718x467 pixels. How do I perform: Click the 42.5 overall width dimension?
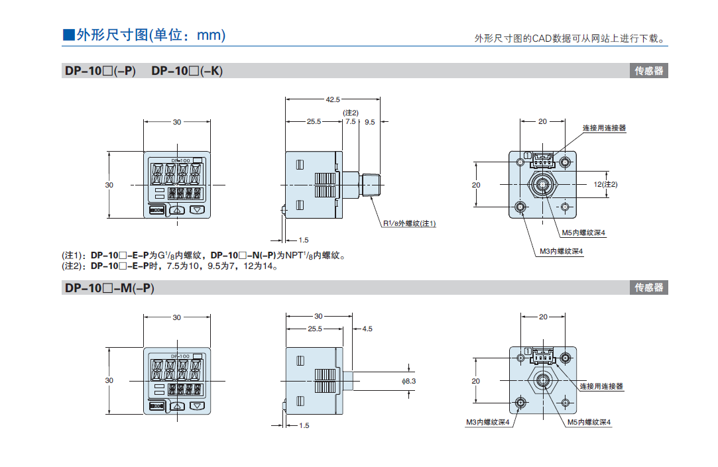[332, 99]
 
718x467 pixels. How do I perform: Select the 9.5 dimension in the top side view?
[369, 122]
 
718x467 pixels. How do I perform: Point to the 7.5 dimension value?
[350, 122]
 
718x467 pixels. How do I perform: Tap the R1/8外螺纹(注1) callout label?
[410, 223]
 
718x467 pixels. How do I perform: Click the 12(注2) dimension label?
[605, 184]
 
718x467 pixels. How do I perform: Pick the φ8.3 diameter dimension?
[409, 381]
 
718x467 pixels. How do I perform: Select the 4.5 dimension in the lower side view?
[367, 329]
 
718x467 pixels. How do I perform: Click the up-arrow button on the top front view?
[177, 210]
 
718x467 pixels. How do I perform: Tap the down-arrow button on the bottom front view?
[198, 405]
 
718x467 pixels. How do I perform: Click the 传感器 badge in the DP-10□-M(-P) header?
[648, 287]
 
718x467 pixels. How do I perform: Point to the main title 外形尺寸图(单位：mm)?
[144, 35]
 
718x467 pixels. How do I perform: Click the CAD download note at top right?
[569, 39]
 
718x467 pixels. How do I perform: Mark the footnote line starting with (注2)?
[170, 266]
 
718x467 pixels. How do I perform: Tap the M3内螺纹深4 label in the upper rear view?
[561, 251]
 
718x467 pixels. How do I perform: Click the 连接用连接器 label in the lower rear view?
[601, 386]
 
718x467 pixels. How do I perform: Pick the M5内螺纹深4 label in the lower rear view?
[589, 422]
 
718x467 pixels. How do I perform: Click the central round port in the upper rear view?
[543, 184]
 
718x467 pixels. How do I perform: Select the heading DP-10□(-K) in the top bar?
[187, 71]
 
